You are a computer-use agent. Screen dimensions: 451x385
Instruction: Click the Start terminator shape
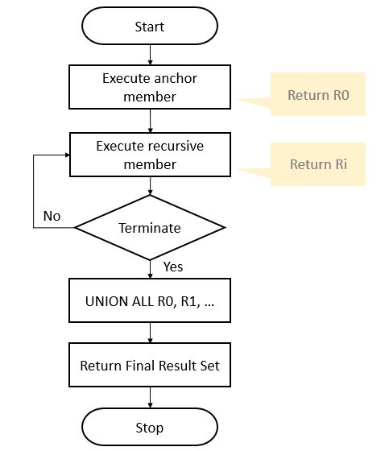click(x=150, y=27)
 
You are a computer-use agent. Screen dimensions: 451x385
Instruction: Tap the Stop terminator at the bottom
click(x=150, y=427)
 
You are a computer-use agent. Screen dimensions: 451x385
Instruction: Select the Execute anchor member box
click(x=150, y=88)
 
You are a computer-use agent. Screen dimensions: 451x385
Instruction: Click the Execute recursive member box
click(x=150, y=155)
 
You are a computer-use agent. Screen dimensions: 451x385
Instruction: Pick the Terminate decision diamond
click(x=150, y=228)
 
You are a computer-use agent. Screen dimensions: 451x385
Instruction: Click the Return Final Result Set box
click(x=150, y=365)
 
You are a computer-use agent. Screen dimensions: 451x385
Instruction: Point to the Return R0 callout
click(x=319, y=95)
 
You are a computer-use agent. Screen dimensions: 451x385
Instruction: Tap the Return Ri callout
click(x=319, y=164)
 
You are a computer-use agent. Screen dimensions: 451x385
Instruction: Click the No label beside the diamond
click(x=52, y=216)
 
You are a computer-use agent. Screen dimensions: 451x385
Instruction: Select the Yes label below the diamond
click(x=173, y=266)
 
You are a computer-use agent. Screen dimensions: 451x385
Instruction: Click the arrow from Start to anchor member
click(x=150, y=56)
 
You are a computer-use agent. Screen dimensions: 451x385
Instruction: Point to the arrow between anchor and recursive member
click(x=150, y=122)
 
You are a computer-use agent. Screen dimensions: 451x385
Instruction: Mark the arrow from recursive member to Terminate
click(x=150, y=187)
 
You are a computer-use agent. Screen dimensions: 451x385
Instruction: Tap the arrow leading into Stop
click(x=150, y=397)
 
